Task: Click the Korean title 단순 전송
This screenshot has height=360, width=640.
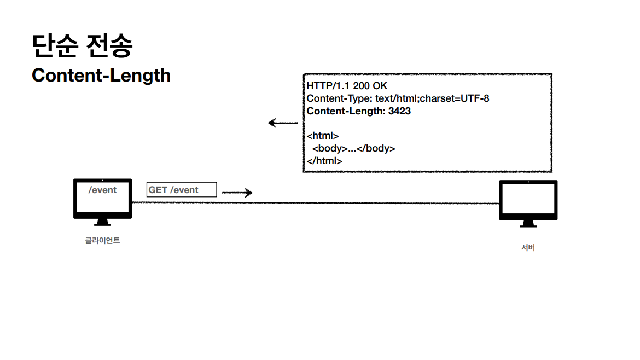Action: coord(82,46)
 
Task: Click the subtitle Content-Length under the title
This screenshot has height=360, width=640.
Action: coord(101,75)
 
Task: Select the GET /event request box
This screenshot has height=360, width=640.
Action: coord(182,190)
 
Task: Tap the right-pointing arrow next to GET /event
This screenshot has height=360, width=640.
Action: coord(237,193)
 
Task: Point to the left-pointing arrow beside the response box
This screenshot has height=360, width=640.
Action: coord(282,123)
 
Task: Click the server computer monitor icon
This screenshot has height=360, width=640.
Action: coord(528,200)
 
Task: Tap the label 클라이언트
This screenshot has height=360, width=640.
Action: coord(102,240)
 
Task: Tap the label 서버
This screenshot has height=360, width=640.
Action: coord(528,248)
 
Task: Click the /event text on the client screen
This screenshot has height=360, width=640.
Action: coord(103,190)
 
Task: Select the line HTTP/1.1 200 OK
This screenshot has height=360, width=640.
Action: coord(347,86)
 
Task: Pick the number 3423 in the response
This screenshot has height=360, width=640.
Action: coord(399,111)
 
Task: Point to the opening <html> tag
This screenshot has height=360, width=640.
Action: coord(323,136)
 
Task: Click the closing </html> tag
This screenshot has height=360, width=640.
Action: coord(324,161)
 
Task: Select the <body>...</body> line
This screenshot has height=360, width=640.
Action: coord(353,148)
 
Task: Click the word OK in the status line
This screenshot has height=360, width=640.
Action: coord(380,86)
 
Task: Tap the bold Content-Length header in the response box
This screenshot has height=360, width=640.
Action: coord(345,111)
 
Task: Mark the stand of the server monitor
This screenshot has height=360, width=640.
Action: coord(528,224)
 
